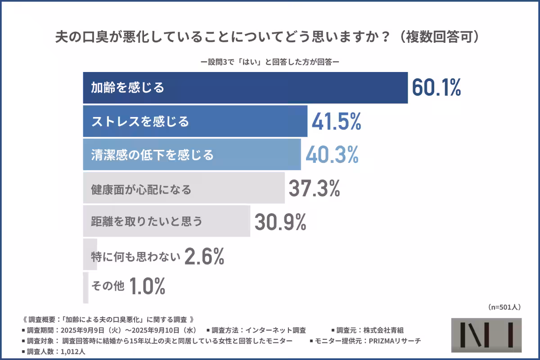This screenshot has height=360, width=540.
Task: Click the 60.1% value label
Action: (436, 88)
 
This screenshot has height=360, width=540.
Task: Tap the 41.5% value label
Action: (336, 121)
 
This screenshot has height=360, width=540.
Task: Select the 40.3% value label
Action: (332, 155)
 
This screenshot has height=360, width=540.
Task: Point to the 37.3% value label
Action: (314, 189)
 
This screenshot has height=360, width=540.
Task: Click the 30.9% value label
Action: (280, 221)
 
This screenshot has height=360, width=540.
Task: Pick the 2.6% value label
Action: (204, 257)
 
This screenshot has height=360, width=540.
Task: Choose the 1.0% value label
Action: (147, 286)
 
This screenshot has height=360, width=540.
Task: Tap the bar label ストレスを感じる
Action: (140, 121)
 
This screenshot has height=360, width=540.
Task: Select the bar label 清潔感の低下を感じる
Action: (152, 155)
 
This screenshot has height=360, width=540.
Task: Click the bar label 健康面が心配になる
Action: (141, 189)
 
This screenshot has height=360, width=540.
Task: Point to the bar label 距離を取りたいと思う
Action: (147, 221)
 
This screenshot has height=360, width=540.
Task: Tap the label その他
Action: (108, 286)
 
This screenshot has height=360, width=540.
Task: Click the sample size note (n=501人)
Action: (504, 307)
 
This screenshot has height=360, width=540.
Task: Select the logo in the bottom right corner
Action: (486, 335)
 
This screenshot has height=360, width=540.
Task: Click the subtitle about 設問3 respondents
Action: (270, 63)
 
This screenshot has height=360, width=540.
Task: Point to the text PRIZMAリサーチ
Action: (395, 341)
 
